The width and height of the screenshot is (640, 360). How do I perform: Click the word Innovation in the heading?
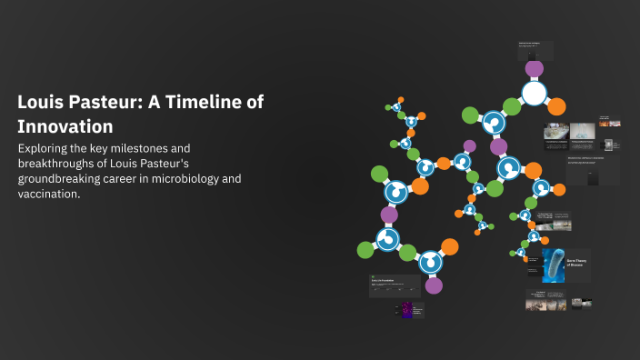(65, 126)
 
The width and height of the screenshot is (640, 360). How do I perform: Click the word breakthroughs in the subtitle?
(61, 163)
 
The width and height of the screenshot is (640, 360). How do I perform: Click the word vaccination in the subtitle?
(48, 195)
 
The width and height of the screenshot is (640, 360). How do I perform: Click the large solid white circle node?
(535, 93)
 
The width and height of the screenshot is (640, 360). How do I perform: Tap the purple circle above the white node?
(535, 68)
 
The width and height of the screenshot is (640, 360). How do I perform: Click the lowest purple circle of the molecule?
(434, 285)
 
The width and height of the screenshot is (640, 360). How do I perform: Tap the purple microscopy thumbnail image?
(406, 310)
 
